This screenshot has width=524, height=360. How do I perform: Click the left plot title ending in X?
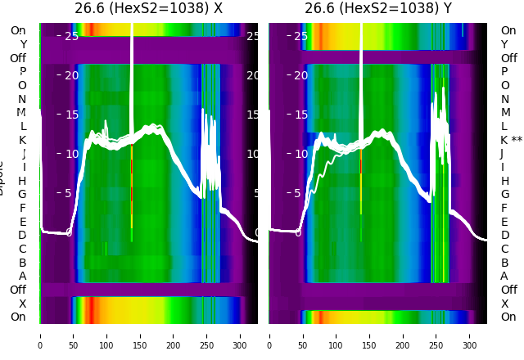point(148,9)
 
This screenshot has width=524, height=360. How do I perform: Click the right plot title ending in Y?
point(378,9)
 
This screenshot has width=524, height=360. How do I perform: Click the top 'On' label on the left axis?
point(18,30)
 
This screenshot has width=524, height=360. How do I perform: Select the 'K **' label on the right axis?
point(511,140)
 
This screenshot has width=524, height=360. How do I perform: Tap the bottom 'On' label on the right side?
point(508,317)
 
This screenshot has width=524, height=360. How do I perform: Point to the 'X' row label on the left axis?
point(22,304)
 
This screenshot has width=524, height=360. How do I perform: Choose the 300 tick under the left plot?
point(241,335)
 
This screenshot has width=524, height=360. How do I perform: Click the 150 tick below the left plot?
point(140,335)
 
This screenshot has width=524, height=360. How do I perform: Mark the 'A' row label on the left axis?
point(22,276)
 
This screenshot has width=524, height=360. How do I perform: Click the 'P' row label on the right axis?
point(504,71)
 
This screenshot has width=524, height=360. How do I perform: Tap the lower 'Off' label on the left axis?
point(18,290)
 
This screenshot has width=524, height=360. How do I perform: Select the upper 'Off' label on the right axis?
point(508,58)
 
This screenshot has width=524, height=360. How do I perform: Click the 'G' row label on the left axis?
point(22,194)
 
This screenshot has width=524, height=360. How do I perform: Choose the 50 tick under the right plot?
point(303,335)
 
